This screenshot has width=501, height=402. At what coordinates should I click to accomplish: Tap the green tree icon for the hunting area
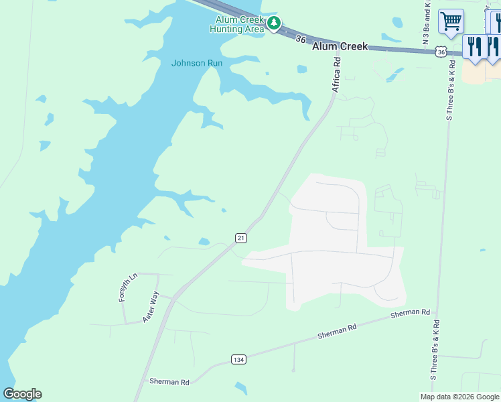click(x=273, y=23)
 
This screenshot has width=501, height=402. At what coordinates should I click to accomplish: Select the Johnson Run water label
click(x=197, y=63)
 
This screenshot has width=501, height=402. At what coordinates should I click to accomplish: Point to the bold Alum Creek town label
click(x=340, y=46)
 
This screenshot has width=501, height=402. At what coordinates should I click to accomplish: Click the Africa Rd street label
click(x=336, y=74)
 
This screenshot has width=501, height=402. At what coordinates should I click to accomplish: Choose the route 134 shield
click(x=238, y=360)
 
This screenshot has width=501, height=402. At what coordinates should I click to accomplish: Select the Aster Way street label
click(x=150, y=307)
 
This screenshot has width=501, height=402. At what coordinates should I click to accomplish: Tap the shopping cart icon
click(x=451, y=21)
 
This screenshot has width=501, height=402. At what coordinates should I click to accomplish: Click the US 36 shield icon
click(x=440, y=52)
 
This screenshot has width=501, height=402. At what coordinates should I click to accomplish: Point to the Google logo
click(x=22, y=394)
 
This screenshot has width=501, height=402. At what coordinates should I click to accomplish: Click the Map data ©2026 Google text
click(x=459, y=397)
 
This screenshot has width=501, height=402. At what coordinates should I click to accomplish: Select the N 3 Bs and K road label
click(x=426, y=23)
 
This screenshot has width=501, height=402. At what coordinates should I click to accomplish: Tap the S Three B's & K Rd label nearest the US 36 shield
click(x=451, y=90)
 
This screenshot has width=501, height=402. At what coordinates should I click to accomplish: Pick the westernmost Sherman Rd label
click(x=169, y=382)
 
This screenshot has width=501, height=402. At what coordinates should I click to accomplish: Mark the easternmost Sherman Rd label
click(x=410, y=313)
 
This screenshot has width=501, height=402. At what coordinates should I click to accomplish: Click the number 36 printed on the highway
click(x=301, y=40)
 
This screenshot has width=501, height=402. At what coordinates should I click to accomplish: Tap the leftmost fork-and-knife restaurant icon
click(x=474, y=47)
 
